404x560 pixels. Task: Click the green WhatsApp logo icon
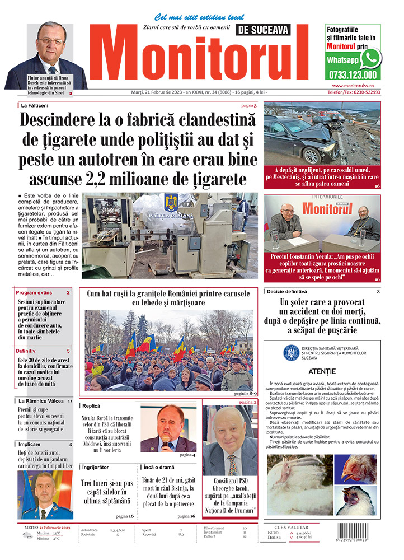point(370,58)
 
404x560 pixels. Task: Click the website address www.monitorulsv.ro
point(353,85)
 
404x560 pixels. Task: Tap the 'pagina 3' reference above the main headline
point(249,105)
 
